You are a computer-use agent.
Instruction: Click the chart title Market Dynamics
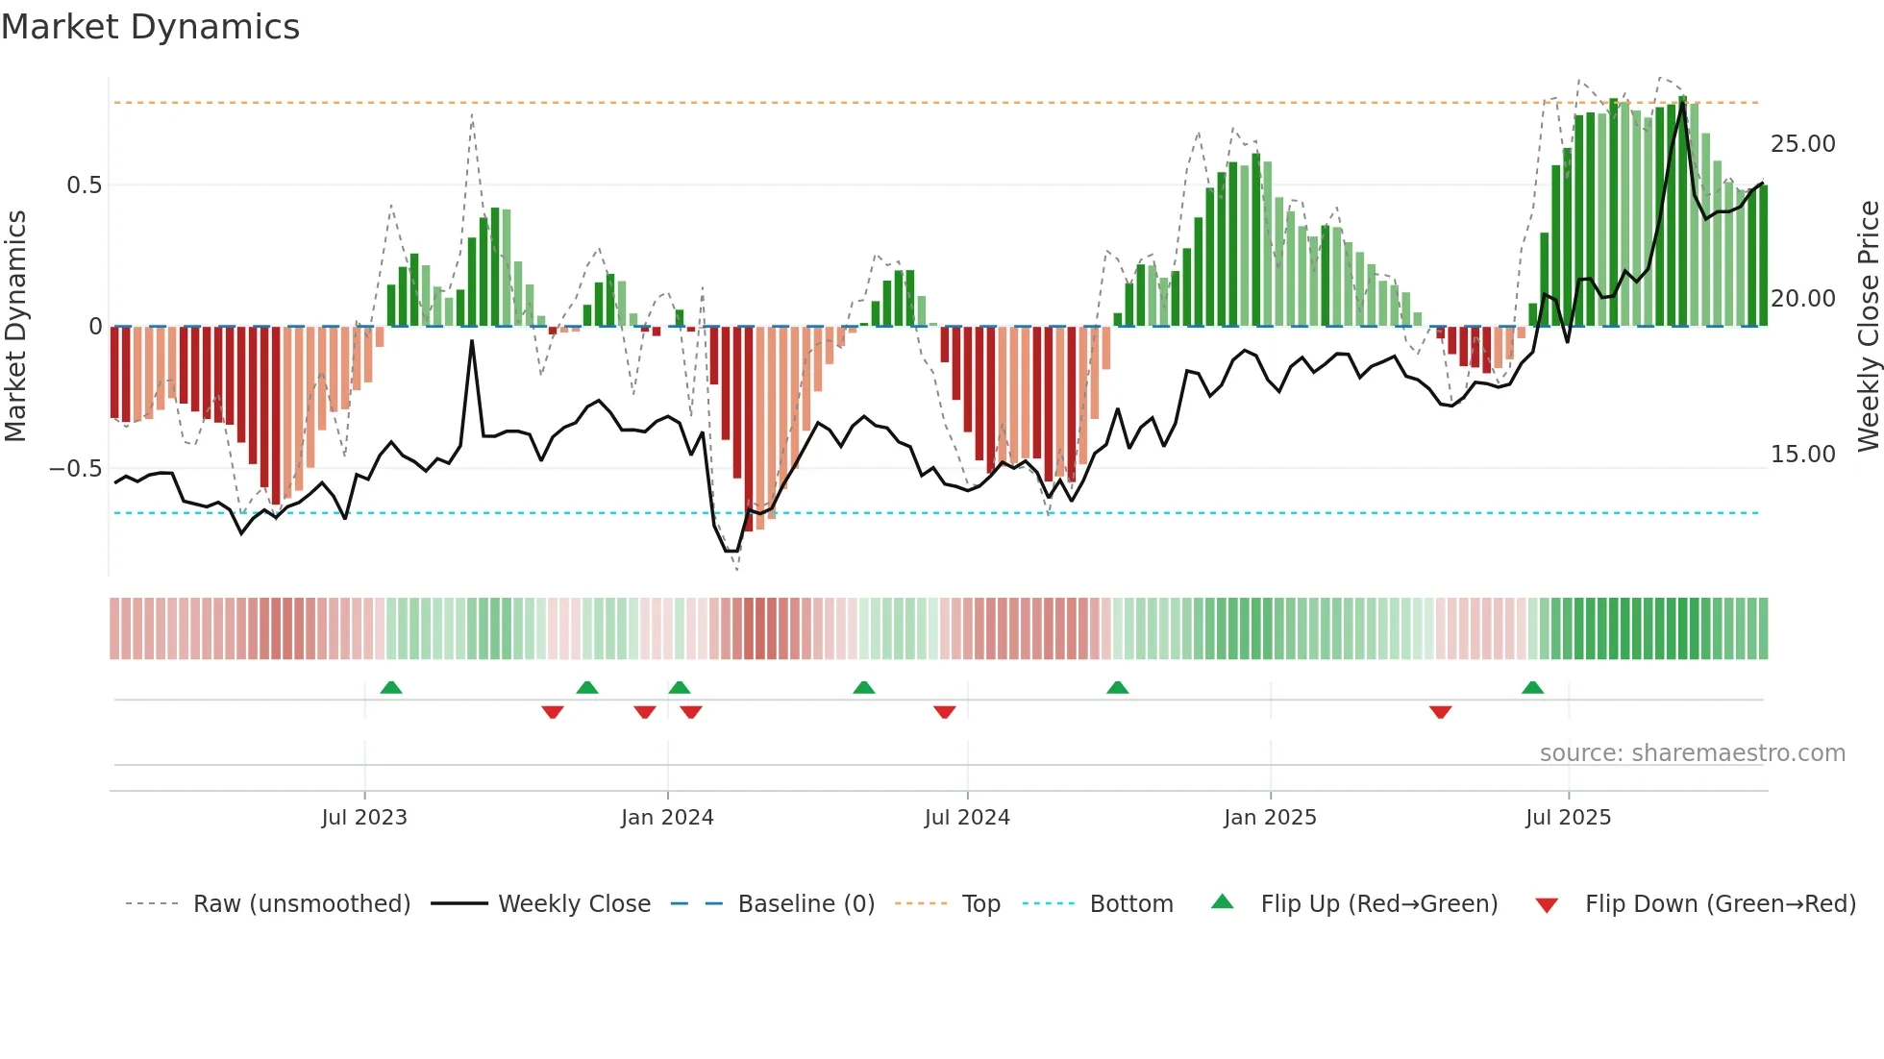150,27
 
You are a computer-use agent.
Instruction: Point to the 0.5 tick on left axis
84,185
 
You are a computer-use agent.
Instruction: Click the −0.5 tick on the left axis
76,469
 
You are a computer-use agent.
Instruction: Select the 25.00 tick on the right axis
1802,144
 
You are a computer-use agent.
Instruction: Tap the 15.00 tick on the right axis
1802,455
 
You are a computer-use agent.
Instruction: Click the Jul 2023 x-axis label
364,818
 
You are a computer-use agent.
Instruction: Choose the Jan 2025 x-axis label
1270,818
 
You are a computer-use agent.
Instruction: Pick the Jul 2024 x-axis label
967,818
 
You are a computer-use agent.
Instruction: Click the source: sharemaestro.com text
1692,753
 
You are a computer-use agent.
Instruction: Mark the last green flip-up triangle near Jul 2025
1532,688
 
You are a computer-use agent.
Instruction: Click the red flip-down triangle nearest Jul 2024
944,712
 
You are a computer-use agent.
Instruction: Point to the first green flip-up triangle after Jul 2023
390,688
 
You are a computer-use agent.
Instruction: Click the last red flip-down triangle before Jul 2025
1440,712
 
